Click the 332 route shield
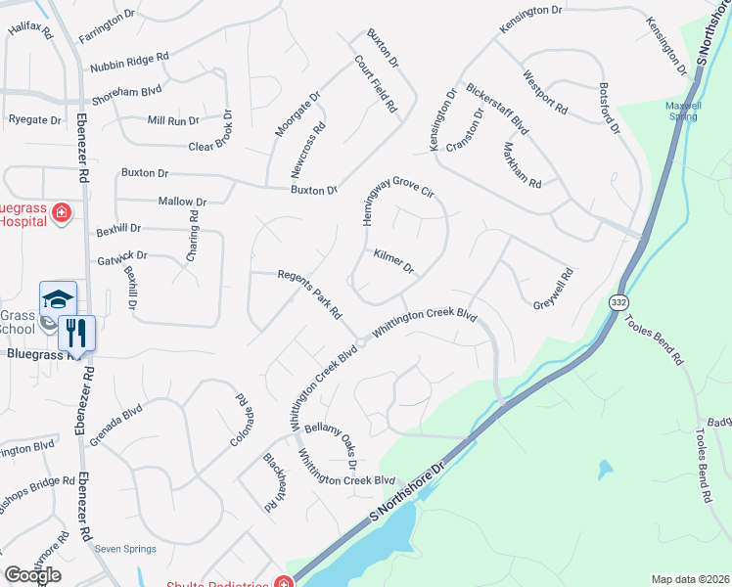pyautogui.click(x=618, y=303)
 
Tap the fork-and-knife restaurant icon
pyautogui.click(x=76, y=333)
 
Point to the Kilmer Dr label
pyautogui.click(x=394, y=261)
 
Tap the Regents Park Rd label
pyautogui.click(x=309, y=294)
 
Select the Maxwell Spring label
pyautogui.click(x=683, y=111)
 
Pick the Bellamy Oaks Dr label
pyautogui.click(x=331, y=439)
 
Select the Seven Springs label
pyautogui.click(x=125, y=549)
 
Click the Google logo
pyautogui.click(x=32, y=575)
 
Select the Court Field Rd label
pyautogui.click(x=375, y=82)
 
